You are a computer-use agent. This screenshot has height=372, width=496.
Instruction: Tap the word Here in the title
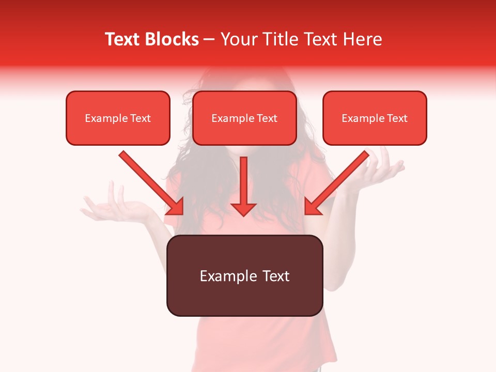[x=362, y=39]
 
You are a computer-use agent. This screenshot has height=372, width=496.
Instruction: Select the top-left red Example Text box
[x=118, y=118]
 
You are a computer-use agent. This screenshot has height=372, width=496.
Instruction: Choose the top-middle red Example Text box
[x=244, y=118]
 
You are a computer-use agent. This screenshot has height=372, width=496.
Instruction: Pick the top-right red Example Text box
[x=375, y=118]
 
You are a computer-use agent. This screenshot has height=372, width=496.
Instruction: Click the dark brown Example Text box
[x=244, y=275]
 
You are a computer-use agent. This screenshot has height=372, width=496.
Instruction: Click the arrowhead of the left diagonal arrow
[x=176, y=207]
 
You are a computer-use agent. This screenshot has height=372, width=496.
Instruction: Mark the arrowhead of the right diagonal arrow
[x=312, y=207]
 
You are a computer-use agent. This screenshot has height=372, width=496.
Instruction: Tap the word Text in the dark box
[x=276, y=276]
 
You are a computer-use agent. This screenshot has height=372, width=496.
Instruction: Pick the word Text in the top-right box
[x=397, y=118]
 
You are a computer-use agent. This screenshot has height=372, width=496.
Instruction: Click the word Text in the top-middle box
[x=267, y=118]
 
